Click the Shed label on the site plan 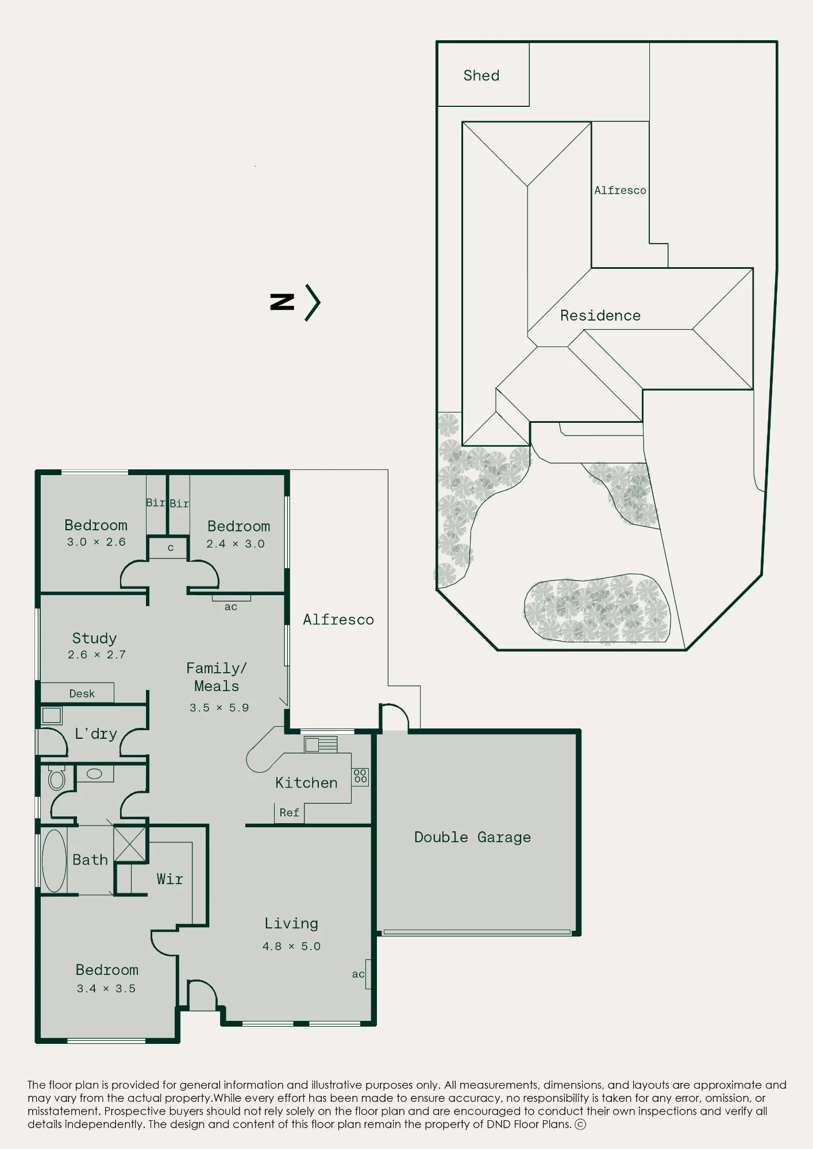[x=481, y=75]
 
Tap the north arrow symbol [x=295, y=302]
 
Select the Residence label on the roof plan [x=600, y=315]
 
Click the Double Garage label [x=472, y=837]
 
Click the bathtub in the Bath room [x=54, y=861]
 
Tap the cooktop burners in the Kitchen [x=360, y=777]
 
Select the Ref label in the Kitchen [x=289, y=812]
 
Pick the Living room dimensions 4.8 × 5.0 [x=291, y=946]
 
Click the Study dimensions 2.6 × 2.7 [x=97, y=654]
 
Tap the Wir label [x=169, y=879]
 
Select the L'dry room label [x=96, y=734]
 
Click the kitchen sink [x=321, y=745]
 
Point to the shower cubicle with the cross [x=130, y=843]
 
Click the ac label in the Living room [x=358, y=974]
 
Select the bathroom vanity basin [x=94, y=774]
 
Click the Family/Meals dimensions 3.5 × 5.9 [x=219, y=708]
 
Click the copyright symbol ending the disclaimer [x=580, y=1124]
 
